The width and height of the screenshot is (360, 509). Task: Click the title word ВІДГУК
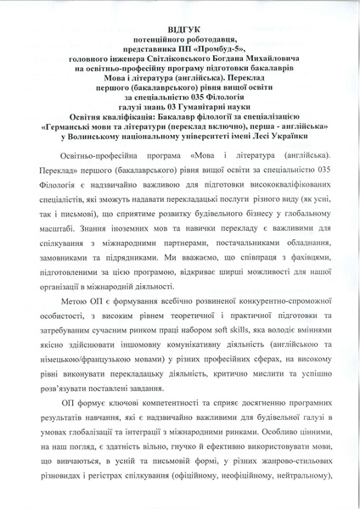pyautogui.click(x=180, y=29)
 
